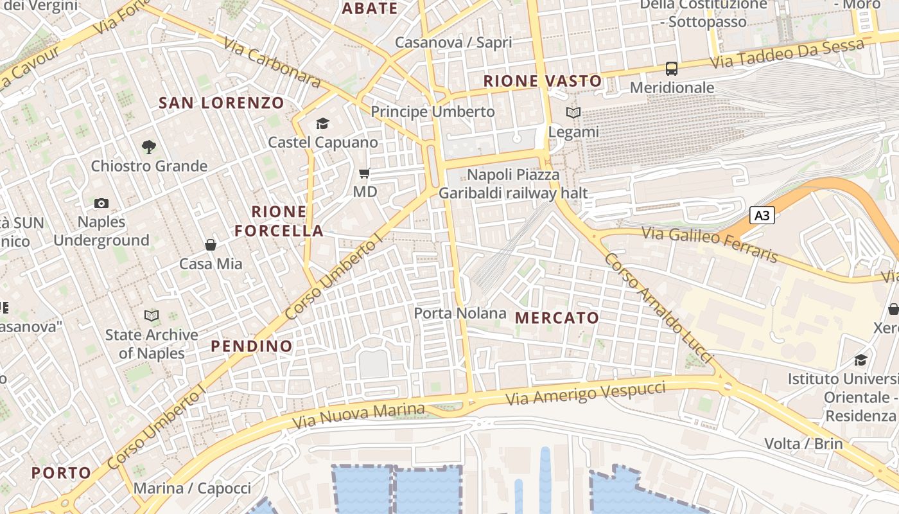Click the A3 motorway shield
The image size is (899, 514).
[x=762, y=215]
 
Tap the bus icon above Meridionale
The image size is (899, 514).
[x=672, y=69]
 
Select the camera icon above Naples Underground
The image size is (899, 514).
[x=101, y=204]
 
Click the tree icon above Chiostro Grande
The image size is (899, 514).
[x=149, y=147]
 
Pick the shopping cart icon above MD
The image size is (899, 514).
[x=365, y=173]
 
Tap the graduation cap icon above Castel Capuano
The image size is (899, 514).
[x=322, y=123]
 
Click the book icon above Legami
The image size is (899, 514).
[x=573, y=113]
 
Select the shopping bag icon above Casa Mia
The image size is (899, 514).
[x=211, y=245]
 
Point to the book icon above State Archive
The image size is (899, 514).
[x=152, y=315]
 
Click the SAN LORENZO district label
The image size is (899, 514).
[x=221, y=103]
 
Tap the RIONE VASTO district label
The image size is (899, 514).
[x=543, y=81]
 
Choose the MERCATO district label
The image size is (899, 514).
[x=557, y=317]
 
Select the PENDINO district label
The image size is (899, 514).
[x=252, y=346]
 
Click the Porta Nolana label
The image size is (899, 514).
[x=460, y=313]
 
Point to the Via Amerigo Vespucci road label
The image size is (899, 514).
[x=585, y=393]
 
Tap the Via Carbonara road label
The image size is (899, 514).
[x=272, y=62]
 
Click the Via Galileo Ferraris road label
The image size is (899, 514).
[x=710, y=244]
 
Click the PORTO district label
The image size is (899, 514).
[x=62, y=473]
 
